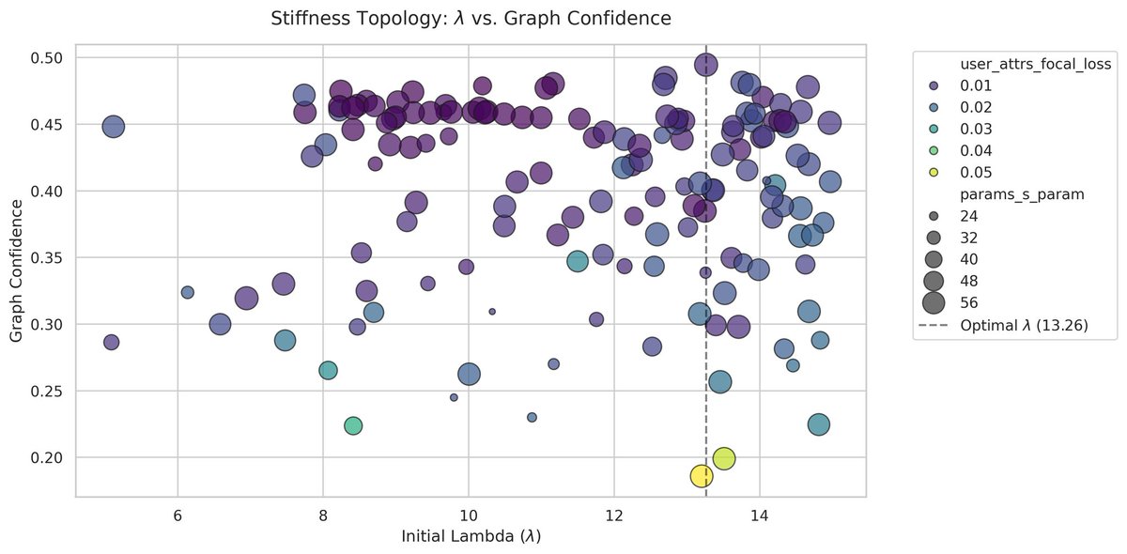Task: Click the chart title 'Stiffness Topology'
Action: coord(470,18)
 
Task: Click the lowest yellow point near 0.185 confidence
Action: coord(702,476)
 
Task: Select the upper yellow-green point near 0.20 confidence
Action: coord(723,458)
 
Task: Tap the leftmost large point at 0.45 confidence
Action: coord(113,127)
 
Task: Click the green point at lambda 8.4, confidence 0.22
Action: coord(353,426)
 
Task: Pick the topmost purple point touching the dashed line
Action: coord(706,64)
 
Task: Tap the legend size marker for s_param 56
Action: coord(934,301)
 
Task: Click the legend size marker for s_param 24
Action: coord(934,215)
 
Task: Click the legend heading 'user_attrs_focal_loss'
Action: coord(1036,64)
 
